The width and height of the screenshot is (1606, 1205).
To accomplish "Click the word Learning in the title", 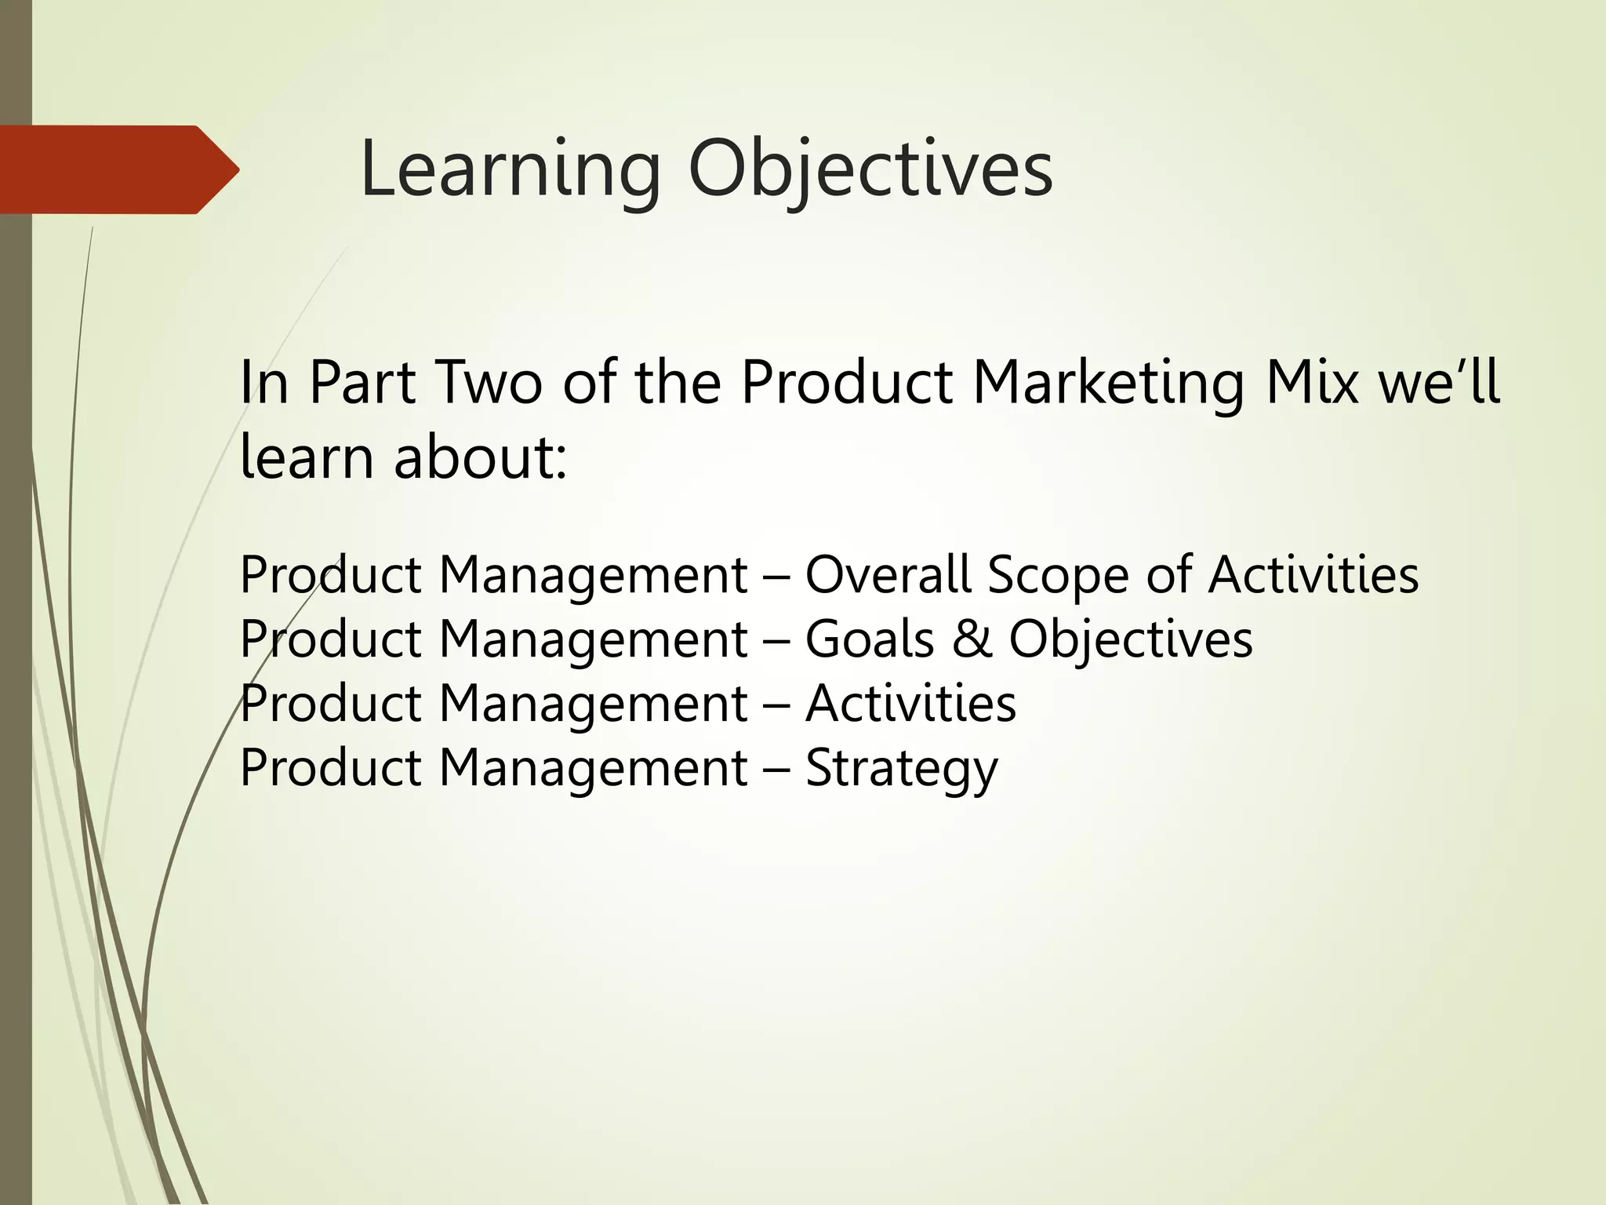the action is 511,172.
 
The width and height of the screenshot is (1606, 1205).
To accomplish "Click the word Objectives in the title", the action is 870,172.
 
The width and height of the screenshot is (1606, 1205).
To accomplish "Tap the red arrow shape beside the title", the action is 119,169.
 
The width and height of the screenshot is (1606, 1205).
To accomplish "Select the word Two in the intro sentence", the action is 488,383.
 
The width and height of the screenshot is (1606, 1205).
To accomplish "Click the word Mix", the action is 1312,382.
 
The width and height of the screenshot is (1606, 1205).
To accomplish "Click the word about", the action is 479,457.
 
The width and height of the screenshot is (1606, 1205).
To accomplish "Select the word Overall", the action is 888,574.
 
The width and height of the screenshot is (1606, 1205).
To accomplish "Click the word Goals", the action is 870,639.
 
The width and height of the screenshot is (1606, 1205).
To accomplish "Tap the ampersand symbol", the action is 972,639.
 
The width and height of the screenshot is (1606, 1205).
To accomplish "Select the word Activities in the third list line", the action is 910,703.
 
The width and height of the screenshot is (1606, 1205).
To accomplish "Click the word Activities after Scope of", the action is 1313,574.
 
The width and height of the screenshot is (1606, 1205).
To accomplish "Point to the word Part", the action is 362,383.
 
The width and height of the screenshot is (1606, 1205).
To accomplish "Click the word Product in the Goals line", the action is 330,639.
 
